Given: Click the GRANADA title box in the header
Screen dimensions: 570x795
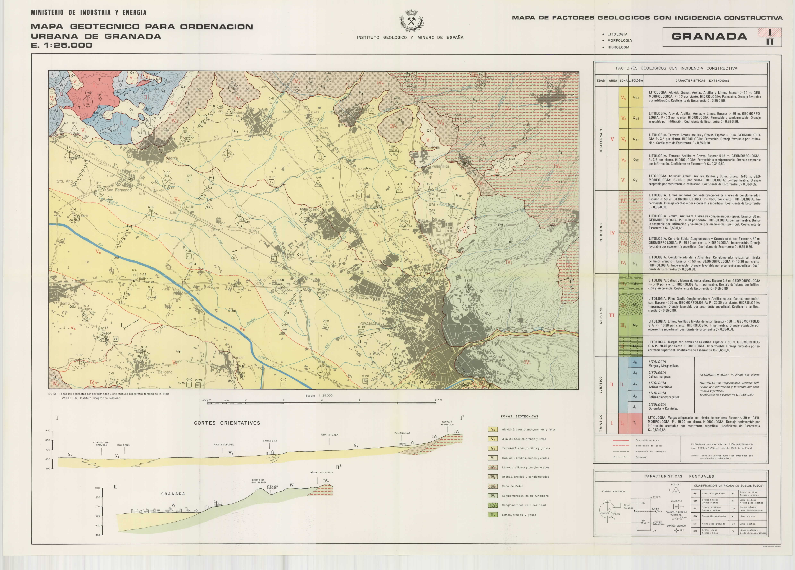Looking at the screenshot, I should (x=709, y=37).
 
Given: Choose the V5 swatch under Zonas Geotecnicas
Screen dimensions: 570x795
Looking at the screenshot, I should (x=493, y=429).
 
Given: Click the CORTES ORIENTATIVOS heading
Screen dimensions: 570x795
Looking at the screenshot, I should (x=227, y=423).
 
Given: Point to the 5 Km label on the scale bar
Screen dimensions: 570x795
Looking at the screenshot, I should (x=438, y=400).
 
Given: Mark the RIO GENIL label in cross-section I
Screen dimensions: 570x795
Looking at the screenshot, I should (x=124, y=445).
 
